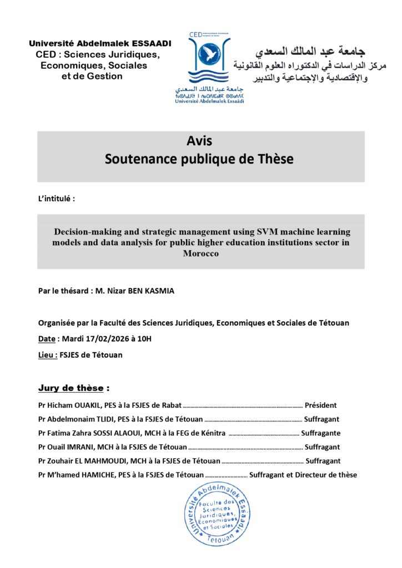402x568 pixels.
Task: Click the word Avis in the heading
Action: coord(200,141)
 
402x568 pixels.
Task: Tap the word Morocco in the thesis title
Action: coord(201,253)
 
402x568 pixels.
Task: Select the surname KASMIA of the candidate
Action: coord(158,290)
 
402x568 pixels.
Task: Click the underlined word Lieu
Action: coord(46,354)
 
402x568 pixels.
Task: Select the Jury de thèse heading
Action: coord(73,388)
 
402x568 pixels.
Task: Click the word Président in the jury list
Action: coord(320,405)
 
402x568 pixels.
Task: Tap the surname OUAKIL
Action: coord(89,405)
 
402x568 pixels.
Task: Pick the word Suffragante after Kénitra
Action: coord(320,433)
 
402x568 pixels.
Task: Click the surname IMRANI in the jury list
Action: coord(86,447)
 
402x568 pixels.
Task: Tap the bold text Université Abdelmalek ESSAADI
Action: coord(100,43)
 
